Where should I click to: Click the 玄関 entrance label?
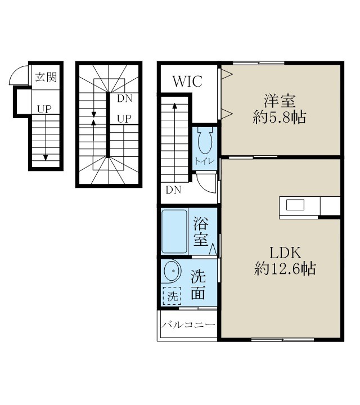tap(46, 77)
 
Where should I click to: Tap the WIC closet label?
tap(187, 81)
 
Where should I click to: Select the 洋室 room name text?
tap(280, 101)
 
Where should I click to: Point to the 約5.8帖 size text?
tap(280, 118)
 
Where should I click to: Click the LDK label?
tap(280, 251)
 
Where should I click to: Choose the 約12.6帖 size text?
tap(284, 269)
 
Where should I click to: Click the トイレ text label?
tap(204, 161)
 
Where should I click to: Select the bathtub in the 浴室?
tap(174, 231)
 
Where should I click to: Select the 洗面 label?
tap(198, 285)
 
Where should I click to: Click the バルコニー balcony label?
tap(188, 326)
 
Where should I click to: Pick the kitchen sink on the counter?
tap(295, 205)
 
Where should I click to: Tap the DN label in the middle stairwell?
tap(124, 98)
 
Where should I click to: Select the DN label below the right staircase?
tap(173, 190)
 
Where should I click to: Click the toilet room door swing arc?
tap(208, 181)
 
